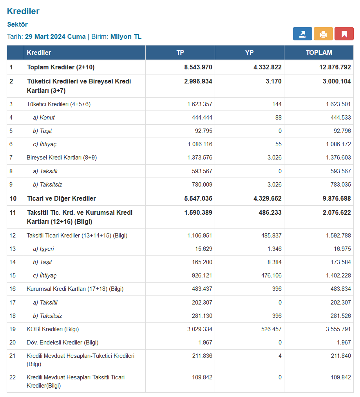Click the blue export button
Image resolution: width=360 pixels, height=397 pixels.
[x=302, y=34]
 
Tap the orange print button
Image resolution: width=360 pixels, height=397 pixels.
[x=323, y=34]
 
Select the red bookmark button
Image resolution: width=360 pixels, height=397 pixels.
[x=344, y=34]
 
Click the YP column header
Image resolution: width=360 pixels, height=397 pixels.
[x=250, y=53]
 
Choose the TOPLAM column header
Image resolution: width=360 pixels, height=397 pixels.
[x=319, y=53]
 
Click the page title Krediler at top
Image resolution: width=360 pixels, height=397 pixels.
[x=23, y=11]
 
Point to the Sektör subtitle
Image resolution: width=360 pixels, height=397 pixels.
[x=17, y=24]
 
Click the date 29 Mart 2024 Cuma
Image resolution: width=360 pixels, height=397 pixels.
[x=55, y=36]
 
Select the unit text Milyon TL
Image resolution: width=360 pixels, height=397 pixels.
[x=126, y=36]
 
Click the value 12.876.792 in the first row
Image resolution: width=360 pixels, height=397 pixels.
[x=335, y=67]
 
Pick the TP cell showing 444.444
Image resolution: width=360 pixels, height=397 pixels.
[x=202, y=118]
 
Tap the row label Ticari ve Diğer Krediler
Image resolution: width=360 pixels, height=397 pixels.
[x=62, y=198]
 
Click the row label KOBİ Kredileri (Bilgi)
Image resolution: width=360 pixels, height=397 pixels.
[x=52, y=329]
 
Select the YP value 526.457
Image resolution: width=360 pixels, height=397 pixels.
[x=271, y=329]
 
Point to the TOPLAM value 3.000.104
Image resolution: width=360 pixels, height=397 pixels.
[x=337, y=81]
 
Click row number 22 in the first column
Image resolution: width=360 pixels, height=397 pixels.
[x=13, y=377]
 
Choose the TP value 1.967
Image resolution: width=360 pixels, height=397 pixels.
[x=205, y=343]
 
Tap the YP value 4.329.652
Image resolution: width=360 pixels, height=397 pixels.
[x=268, y=198]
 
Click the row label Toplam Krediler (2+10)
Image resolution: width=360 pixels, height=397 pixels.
[x=61, y=67]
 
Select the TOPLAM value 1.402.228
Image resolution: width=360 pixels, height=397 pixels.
[x=338, y=276]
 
